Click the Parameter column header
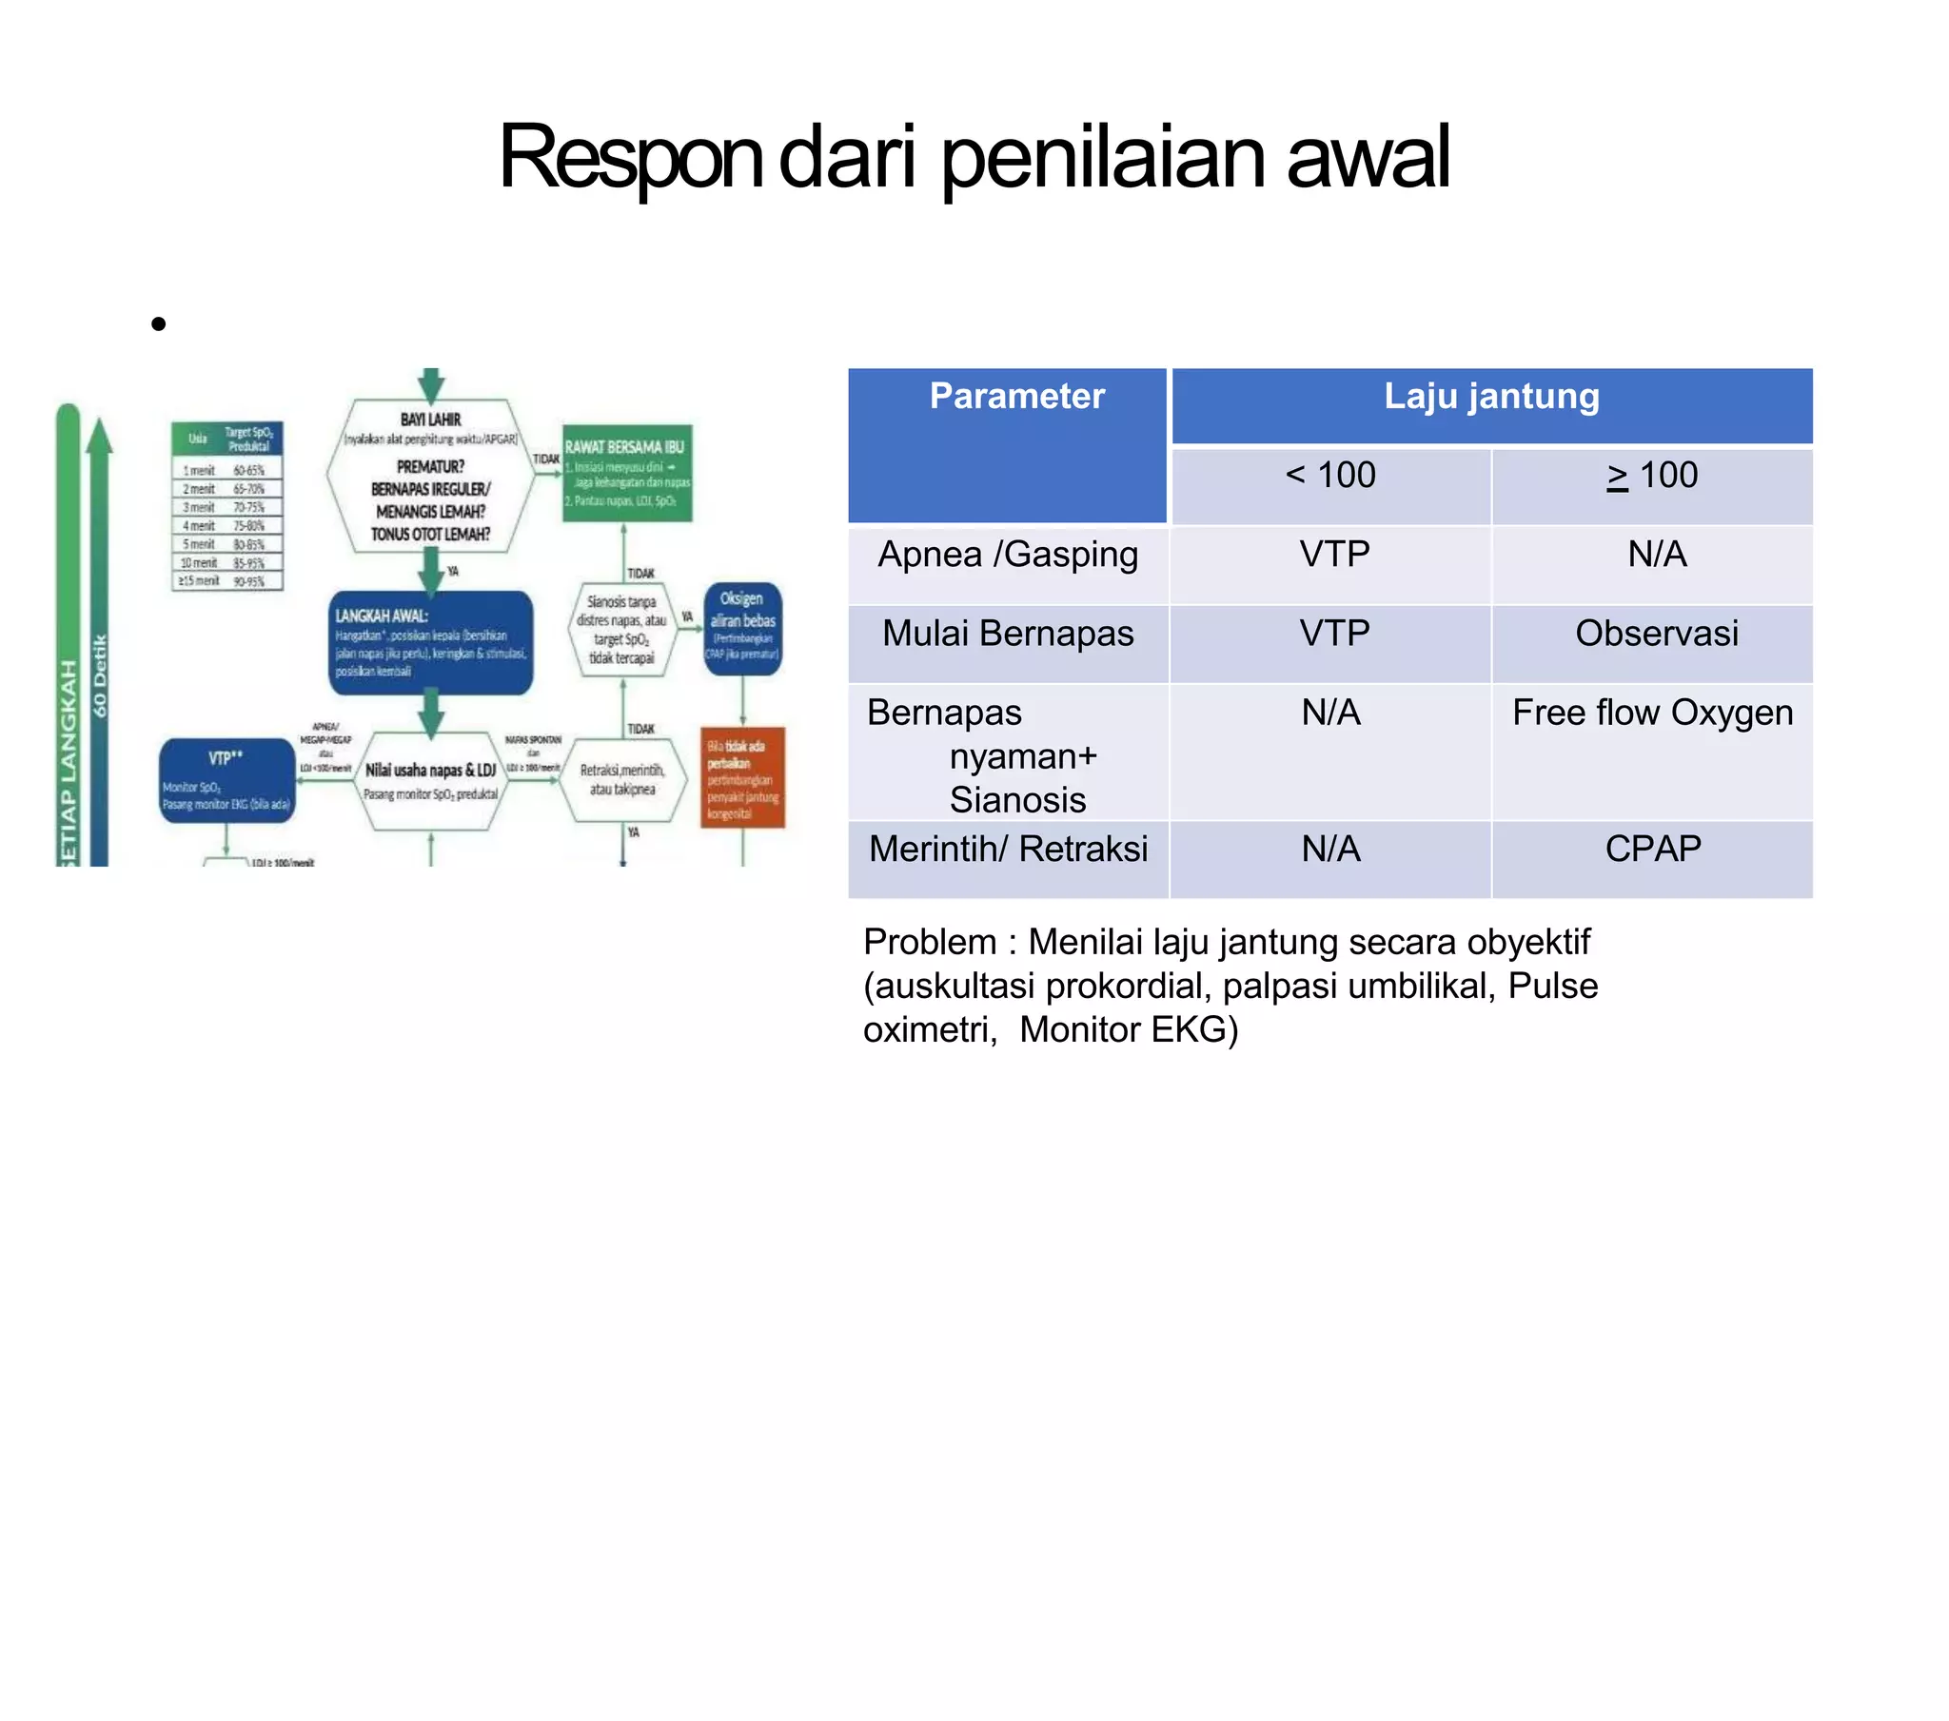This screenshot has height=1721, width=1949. (1016, 397)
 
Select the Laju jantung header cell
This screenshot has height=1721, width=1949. (1491, 397)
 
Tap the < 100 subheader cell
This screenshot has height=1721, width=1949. (1330, 476)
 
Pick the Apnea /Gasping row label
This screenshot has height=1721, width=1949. (1008, 555)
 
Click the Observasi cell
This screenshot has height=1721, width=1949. (1656, 634)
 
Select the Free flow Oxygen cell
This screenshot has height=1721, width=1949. (1652, 714)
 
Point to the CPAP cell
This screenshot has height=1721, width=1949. (1652, 850)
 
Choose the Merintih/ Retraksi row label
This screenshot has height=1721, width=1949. (1008, 850)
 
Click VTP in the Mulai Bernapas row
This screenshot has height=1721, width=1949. (1334, 634)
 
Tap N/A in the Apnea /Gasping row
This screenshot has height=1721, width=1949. (1656, 555)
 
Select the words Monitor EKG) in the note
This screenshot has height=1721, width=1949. (1128, 1030)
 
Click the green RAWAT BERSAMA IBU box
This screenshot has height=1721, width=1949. (626, 473)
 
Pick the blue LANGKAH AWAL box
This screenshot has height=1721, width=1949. (430, 641)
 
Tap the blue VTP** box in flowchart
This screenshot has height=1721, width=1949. (226, 780)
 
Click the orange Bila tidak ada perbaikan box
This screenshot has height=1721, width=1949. (742, 777)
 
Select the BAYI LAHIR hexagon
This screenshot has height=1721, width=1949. (430, 476)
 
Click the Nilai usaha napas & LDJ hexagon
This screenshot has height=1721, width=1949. (431, 780)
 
